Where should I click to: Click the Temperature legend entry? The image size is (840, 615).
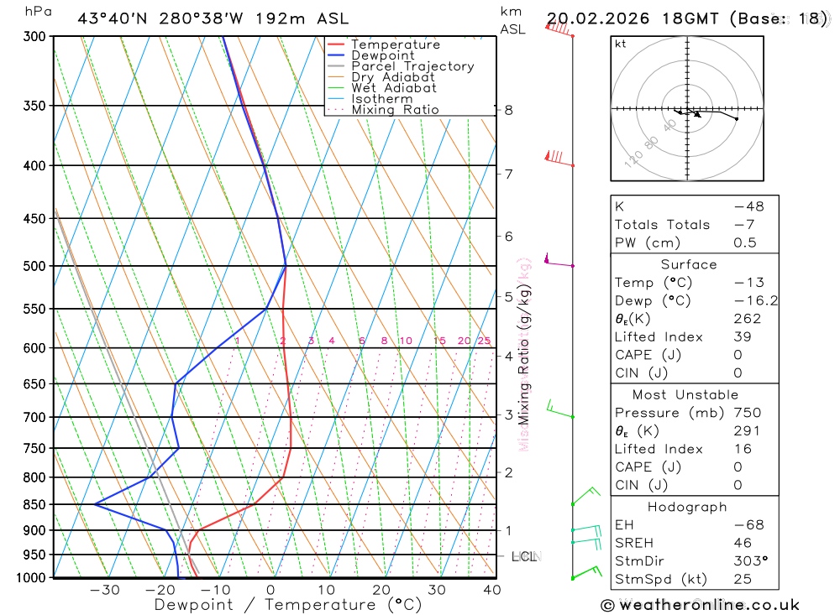point(395,44)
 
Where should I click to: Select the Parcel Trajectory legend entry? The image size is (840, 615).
point(412,66)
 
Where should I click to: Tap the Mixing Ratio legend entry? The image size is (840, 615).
point(395,110)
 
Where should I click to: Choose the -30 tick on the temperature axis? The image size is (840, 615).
point(104,590)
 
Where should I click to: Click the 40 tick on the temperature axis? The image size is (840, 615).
point(492,590)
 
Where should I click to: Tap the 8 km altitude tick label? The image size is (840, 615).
point(508,110)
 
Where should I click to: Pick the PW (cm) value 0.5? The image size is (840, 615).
point(744,242)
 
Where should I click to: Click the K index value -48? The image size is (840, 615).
point(744,206)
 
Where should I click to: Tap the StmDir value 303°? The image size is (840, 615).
point(744,560)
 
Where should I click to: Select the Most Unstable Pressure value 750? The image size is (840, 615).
point(747,413)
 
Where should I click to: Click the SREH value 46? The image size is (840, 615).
point(744,543)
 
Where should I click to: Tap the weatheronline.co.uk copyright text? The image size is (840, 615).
point(700,605)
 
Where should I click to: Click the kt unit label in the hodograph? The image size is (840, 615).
point(621,44)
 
